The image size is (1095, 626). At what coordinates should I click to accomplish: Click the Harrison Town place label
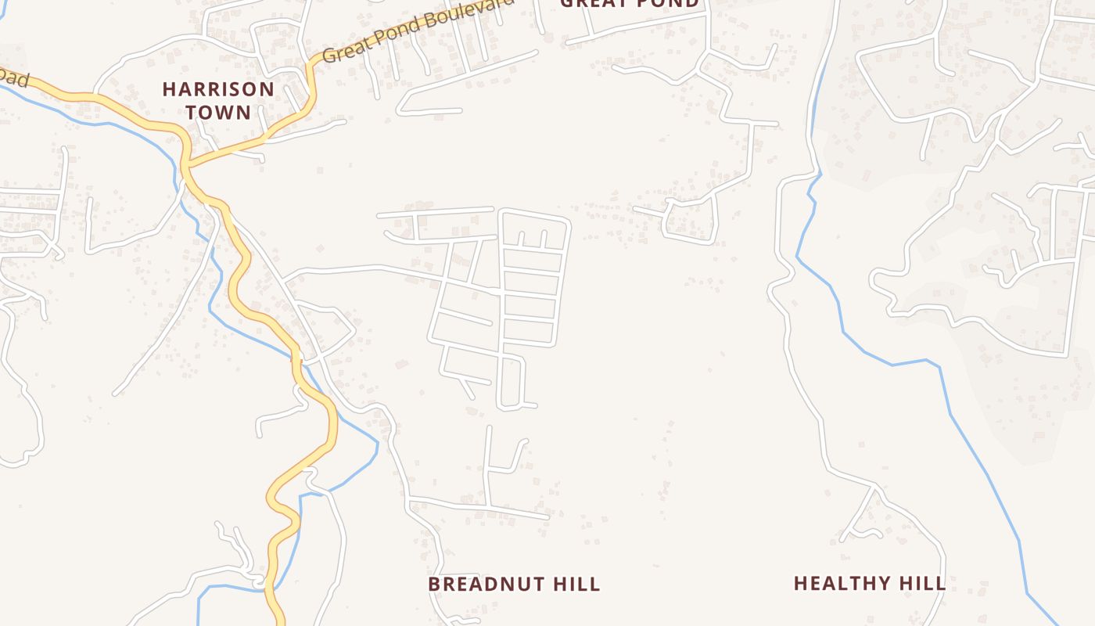pyautogui.click(x=218, y=100)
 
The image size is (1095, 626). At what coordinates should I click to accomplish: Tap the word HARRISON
pyautogui.click(x=218, y=89)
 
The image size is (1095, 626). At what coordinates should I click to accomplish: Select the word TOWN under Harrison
pyautogui.click(x=218, y=112)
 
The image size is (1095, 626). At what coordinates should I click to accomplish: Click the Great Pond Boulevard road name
pyautogui.click(x=418, y=30)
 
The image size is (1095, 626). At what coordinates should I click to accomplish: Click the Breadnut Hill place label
pyautogui.click(x=514, y=584)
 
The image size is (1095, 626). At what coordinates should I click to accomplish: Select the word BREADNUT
pyautogui.click(x=486, y=584)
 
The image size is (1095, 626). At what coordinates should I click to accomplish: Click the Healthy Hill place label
pyautogui.click(x=870, y=583)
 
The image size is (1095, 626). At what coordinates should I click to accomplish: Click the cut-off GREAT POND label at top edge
pyautogui.click(x=630, y=4)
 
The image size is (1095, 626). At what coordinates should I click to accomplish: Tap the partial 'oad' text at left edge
pyautogui.click(x=13, y=78)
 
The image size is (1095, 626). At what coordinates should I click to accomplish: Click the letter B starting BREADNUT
pyautogui.click(x=434, y=584)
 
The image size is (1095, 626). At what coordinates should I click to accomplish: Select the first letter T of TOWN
pyautogui.click(x=192, y=112)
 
